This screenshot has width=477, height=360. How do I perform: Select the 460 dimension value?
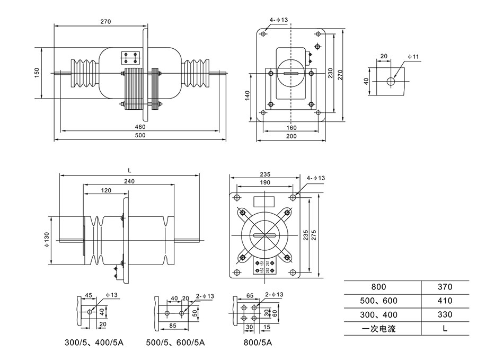click(x=139, y=127)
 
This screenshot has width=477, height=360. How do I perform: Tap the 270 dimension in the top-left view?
click(x=105, y=22)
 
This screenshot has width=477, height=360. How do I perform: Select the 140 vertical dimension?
click(x=247, y=96)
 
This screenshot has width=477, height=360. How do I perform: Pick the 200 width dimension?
click(x=291, y=136)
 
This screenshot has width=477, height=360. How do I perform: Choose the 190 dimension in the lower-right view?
click(x=264, y=182)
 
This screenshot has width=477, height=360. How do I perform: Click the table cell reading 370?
click(x=445, y=287)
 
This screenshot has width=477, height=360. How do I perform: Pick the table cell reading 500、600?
click(x=378, y=301)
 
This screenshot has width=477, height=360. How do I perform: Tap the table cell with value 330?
click(x=445, y=314)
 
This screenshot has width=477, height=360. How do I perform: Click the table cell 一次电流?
click(x=378, y=328)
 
